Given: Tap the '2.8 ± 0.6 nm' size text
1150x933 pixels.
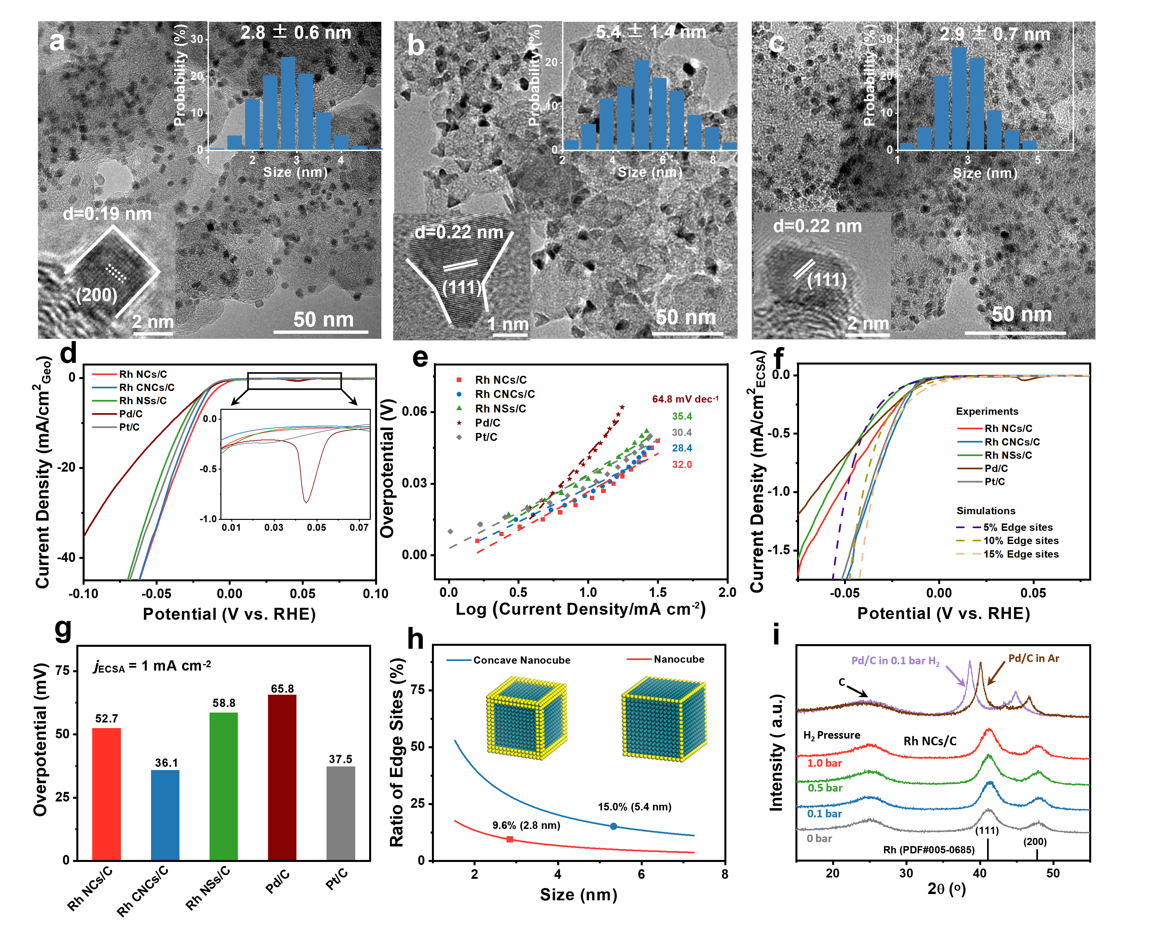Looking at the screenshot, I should [x=295, y=33].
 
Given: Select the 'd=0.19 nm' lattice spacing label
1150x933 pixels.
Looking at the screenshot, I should [x=107, y=214].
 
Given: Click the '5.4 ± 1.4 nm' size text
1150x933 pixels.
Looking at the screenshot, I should [x=651, y=32].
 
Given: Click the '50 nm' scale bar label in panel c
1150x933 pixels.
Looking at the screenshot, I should [x=1021, y=314].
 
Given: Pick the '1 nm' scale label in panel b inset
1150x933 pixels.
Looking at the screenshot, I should [x=508, y=324].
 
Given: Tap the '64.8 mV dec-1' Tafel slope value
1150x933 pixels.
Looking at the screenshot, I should [x=685, y=399].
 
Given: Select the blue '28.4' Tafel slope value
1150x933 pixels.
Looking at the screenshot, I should [x=682, y=448].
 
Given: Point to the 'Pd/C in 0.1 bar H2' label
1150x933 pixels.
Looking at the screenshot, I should [x=895, y=661].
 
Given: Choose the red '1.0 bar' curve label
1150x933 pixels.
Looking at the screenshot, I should [x=824, y=763].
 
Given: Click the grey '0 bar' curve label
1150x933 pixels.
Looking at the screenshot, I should [x=819, y=838].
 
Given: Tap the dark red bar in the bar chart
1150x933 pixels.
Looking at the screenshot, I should [x=282, y=777].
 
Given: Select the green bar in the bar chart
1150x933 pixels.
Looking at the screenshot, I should [x=223, y=786].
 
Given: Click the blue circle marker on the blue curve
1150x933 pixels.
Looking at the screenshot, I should [x=614, y=826].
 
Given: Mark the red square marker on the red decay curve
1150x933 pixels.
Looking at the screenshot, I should [x=510, y=839].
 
